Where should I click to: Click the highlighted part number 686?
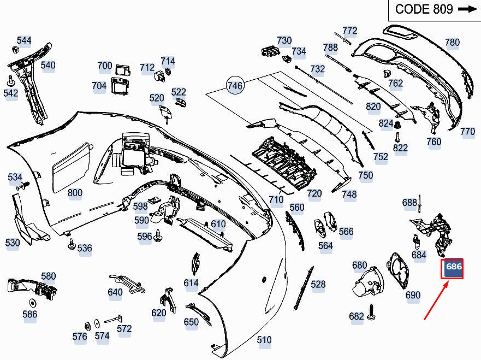(453, 268)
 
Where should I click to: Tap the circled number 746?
(235, 86)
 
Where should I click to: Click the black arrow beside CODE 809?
(467, 9)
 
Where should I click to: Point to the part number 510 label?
(264, 340)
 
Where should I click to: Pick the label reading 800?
(75, 192)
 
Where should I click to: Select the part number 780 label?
(452, 42)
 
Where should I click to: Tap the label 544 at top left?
(24, 40)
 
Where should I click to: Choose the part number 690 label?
(413, 295)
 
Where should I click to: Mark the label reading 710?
(276, 199)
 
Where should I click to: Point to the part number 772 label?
(349, 31)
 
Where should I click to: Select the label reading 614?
(191, 282)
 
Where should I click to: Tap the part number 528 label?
(318, 284)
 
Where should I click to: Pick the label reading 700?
(105, 66)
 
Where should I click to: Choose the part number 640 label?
(115, 292)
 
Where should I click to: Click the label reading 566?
(346, 231)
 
